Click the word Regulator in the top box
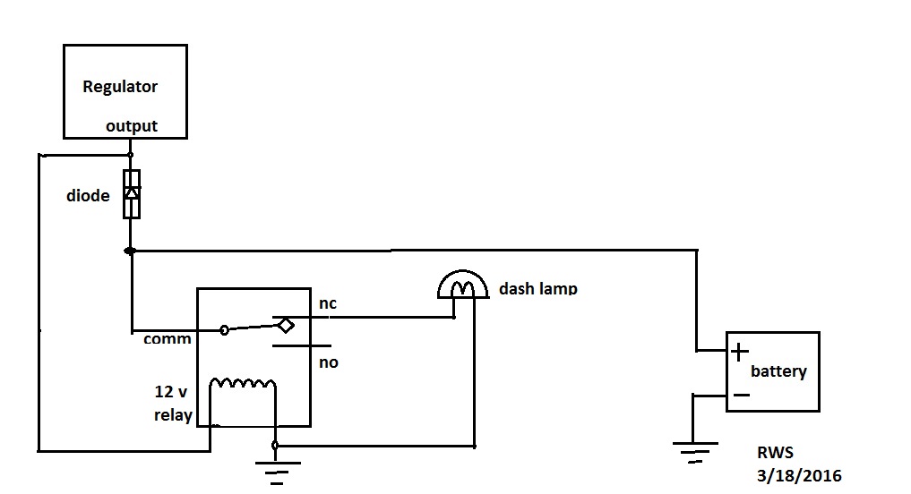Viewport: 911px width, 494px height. (x=120, y=87)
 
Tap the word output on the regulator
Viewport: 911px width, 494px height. (x=132, y=126)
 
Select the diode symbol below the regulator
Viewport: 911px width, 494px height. (x=132, y=193)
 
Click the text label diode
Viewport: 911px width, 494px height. (x=88, y=195)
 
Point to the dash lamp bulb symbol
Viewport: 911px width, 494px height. (x=462, y=285)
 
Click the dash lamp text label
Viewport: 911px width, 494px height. (x=537, y=289)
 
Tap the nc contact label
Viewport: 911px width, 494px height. (x=328, y=304)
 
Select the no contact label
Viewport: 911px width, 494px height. (x=328, y=362)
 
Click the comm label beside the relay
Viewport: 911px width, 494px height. (x=168, y=339)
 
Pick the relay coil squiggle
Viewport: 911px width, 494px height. (x=243, y=385)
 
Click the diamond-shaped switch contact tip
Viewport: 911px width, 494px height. (x=285, y=325)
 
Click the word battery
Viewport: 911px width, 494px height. (x=778, y=371)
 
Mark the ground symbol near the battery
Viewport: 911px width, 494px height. (x=693, y=450)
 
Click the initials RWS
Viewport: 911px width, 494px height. (x=775, y=454)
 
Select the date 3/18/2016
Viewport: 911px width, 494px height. (x=798, y=475)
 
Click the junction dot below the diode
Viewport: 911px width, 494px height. (x=131, y=251)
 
